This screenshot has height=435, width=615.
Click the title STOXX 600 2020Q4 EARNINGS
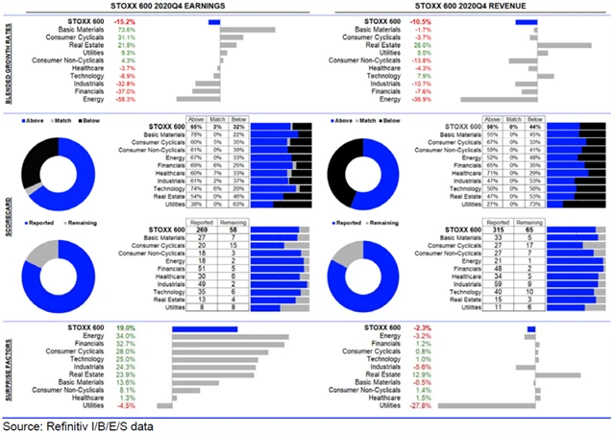(x=155, y=7)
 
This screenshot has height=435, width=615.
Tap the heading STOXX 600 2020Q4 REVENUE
(x=461, y=7)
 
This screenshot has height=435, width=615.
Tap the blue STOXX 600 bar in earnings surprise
(x=204, y=328)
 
